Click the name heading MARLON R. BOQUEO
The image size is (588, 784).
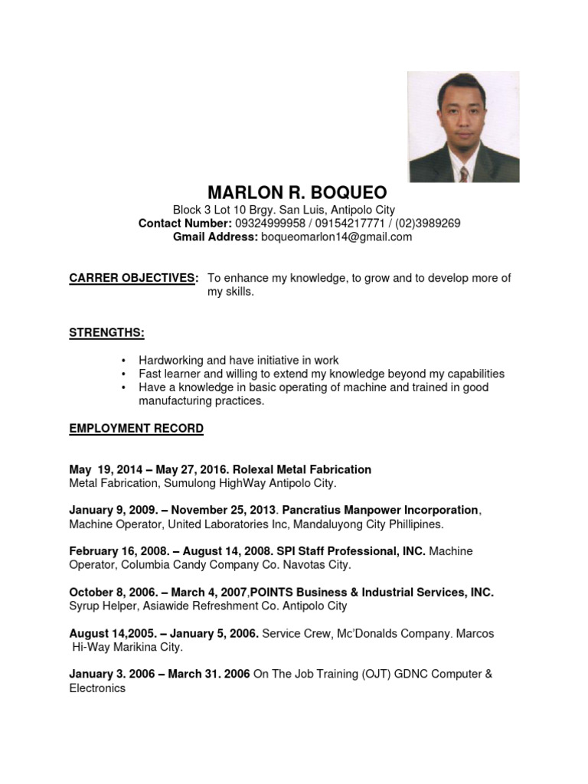[x=297, y=191]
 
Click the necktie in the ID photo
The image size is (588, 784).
[x=464, y=174]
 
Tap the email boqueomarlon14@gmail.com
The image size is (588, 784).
[x=337, y=237]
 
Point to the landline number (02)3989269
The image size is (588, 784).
[x=428, y=224]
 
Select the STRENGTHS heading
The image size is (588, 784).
[x=106, y=333]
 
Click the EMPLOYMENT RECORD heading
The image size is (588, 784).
[x=136, y=429]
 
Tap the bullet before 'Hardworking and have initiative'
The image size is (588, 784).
[x=122, y=361]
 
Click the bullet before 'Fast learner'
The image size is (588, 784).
[x=122, y=374]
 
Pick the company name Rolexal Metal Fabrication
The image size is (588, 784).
[x=302, y=469]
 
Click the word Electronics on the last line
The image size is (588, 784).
[x=97, y=688]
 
